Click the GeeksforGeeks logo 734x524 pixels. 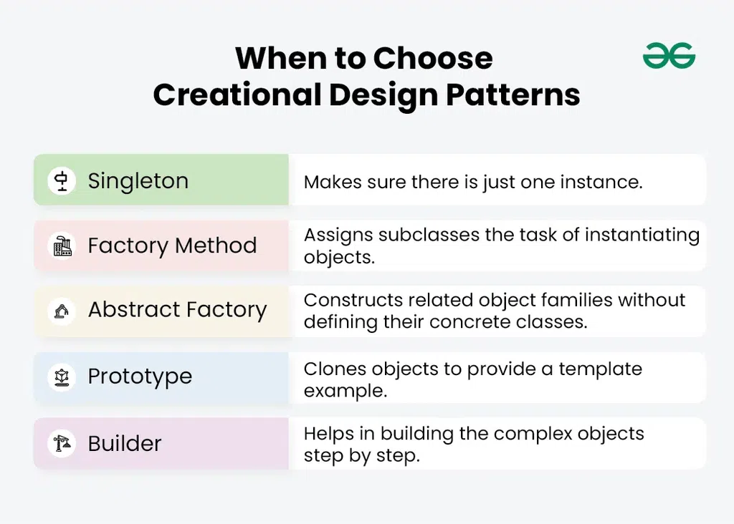click(669, 56)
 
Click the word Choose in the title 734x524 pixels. click(432, 58)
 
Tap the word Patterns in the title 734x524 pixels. click(513, 94)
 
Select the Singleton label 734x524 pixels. click(138, 180)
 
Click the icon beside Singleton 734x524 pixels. click(62, 181)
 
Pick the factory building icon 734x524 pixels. click(62, 246)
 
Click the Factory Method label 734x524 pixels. click(172, 246)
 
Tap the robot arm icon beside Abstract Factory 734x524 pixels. click(62, 311)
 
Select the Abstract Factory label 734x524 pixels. click(178, 310)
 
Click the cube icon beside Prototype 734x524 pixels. click(62, 377)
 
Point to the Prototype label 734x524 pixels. click(140, 377)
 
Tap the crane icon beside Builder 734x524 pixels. click(62, 443)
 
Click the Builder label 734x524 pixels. click(125, 443)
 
